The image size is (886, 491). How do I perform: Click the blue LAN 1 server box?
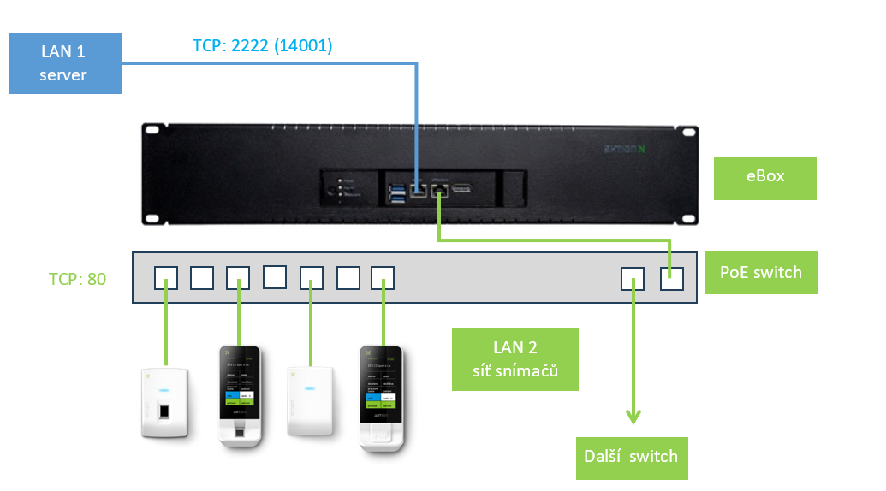click(x=65, y=63)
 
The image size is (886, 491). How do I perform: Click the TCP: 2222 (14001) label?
click(x=262, y=45)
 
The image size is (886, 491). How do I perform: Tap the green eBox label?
click(x=764, y=177)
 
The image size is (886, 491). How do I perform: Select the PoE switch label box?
click(x=761, y=273)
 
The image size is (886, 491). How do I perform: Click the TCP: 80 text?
click(x=77, y=278)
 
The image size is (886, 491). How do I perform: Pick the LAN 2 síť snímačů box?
click(x=515, y=359)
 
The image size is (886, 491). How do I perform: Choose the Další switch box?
click(x=632, y=456)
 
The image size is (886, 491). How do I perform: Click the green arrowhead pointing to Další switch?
click(x=633, y=417)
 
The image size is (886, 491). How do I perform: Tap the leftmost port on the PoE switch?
click(x=166, y=278)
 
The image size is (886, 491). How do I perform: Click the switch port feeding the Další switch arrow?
click(x=633, y=278)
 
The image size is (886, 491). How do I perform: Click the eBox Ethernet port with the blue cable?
click(x=418, y=191)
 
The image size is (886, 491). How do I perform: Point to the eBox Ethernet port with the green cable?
click(x=439, y=191)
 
